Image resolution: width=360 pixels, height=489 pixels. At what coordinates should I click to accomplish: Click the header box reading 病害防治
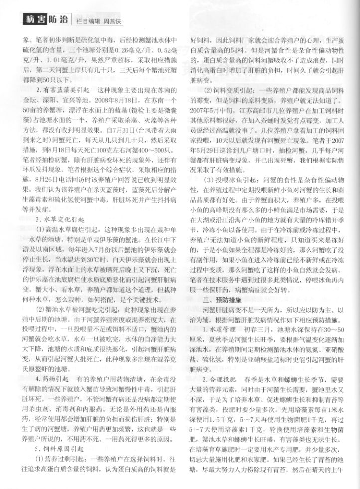(45, 20)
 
